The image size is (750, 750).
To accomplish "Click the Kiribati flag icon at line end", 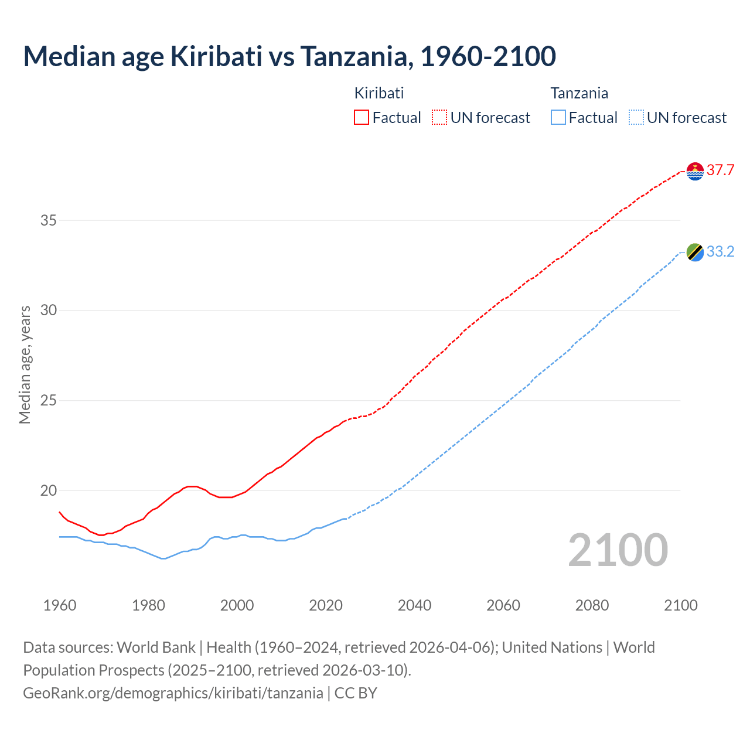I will coord(695,171).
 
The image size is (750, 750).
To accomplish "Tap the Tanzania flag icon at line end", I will coord(695,253).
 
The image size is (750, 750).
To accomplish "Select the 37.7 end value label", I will coord(720,171).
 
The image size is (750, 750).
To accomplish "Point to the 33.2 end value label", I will coord(720,252).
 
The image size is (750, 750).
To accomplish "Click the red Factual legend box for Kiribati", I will coord(362,118).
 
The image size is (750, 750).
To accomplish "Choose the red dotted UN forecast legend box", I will coord(439,118).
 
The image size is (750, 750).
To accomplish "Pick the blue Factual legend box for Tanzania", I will coord(558,118).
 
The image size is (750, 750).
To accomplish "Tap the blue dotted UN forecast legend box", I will coord(636,118).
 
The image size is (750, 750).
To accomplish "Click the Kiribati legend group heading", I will coord(379,93).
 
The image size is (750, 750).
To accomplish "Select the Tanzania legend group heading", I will coord(579,93).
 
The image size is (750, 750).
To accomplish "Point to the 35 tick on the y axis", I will coord(49,221).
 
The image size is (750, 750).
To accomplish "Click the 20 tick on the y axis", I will coord(49,491).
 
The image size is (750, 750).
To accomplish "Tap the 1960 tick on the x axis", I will coord(60,605).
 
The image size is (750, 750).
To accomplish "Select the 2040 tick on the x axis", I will coord(414,605).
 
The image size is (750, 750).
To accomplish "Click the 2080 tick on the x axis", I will coord(592,605).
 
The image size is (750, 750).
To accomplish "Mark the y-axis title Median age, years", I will coord(25,364).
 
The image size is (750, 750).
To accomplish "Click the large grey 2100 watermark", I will coord(618,550).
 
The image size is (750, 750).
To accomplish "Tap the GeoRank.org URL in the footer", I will coord(173,693).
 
